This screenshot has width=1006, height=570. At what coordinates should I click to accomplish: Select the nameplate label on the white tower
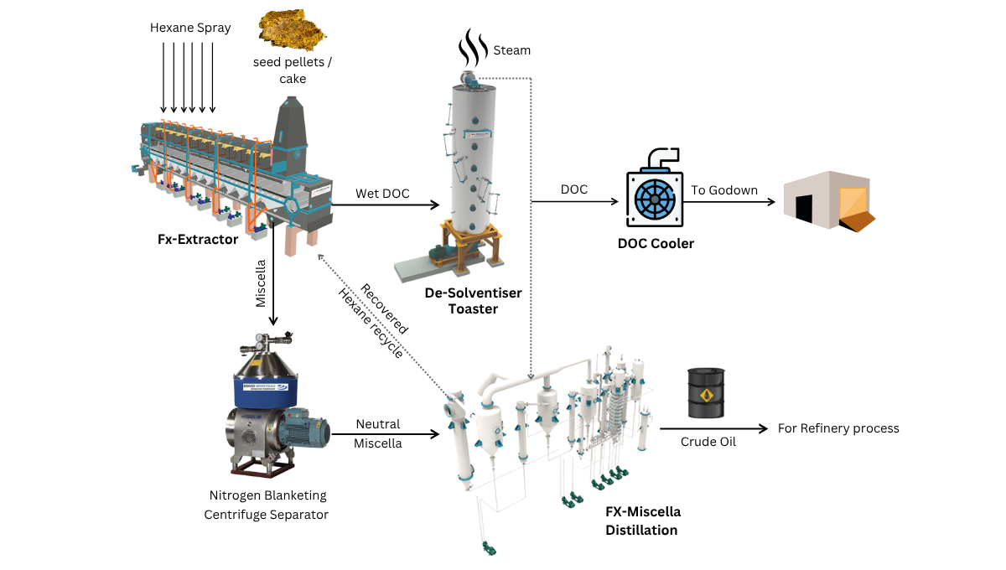(x=479, y=132)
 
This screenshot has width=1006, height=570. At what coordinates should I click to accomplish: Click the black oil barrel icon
(x=706, y=392)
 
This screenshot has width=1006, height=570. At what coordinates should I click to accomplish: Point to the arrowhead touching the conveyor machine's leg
(x=320, y=257)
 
